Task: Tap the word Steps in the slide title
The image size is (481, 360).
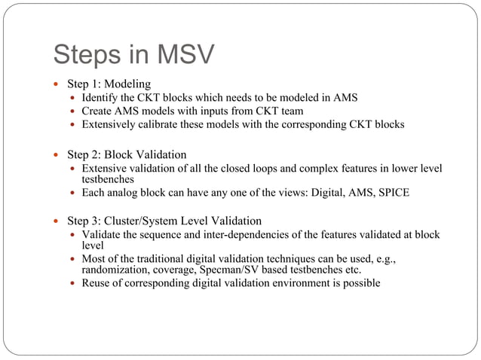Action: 90,54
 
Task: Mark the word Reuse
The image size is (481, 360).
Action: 97,283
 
